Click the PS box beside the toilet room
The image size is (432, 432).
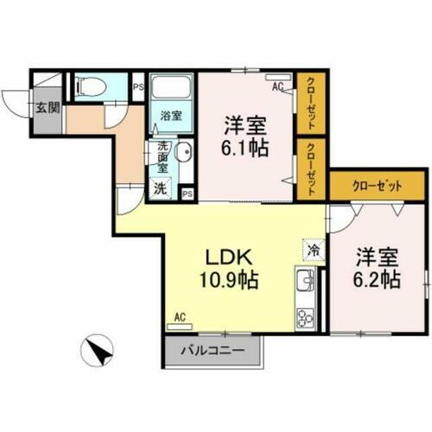pyautogui.click(x=137, y=86)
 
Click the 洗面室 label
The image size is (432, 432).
pyautogui.click(x=162, y=158)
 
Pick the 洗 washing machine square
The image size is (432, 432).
pyautogui.click(x=161, y=188)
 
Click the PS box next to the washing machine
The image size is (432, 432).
pyautogui.click(x=187, y=193)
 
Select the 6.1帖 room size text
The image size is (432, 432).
pyautogui.click(x=245, y=146)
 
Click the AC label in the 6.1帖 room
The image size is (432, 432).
pyautogui.click(x=277, y=86)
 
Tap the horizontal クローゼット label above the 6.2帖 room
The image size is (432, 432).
pyautogui.click(x=377, y=184)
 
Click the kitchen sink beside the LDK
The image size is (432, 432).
pyautogui.click(x=306, y=282)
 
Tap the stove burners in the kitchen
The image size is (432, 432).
pyautogui.click(x=306, y=315)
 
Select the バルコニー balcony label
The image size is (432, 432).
pyautogui.click(x=213, y=351)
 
